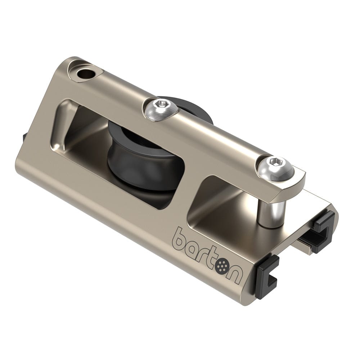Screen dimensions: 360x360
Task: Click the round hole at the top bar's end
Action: pos(86,75)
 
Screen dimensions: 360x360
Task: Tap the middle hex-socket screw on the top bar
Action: pos(159,107)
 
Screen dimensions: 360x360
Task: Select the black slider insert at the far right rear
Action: pos(324,227)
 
